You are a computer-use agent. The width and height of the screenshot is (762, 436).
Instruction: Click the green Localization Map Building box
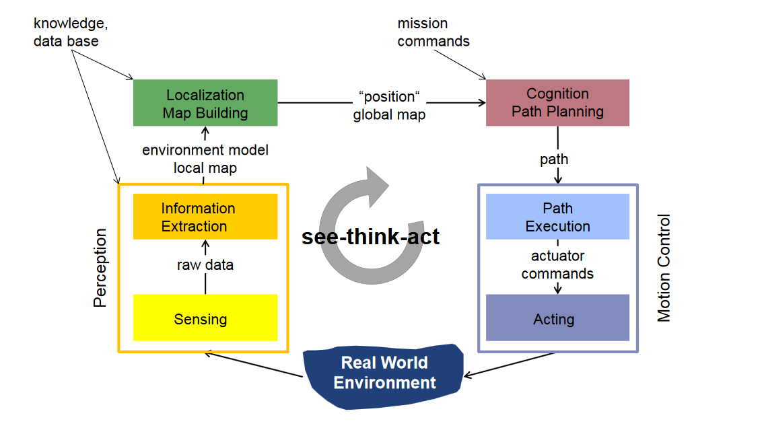205,103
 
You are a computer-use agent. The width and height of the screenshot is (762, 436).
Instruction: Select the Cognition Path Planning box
557,102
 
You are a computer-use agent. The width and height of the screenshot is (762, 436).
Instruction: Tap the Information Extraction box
205,217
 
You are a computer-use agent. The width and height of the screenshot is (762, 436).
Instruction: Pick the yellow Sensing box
205,318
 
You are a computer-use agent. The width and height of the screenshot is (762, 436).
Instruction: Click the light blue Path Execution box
557,217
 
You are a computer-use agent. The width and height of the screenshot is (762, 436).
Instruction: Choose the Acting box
557,318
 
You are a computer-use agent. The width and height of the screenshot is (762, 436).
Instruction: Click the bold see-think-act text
371,237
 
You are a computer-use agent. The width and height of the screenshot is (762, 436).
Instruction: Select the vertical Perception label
100,268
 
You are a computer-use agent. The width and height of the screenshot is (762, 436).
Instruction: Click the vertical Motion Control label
664,268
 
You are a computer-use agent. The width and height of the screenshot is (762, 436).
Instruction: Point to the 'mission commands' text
433,32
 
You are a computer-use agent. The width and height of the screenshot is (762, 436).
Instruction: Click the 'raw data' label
205,265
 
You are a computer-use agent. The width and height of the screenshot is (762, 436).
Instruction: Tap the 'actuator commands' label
557,264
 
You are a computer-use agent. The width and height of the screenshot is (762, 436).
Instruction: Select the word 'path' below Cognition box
554,159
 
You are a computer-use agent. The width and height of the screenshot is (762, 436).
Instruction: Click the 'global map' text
390,114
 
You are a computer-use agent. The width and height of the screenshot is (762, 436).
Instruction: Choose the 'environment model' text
205,150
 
